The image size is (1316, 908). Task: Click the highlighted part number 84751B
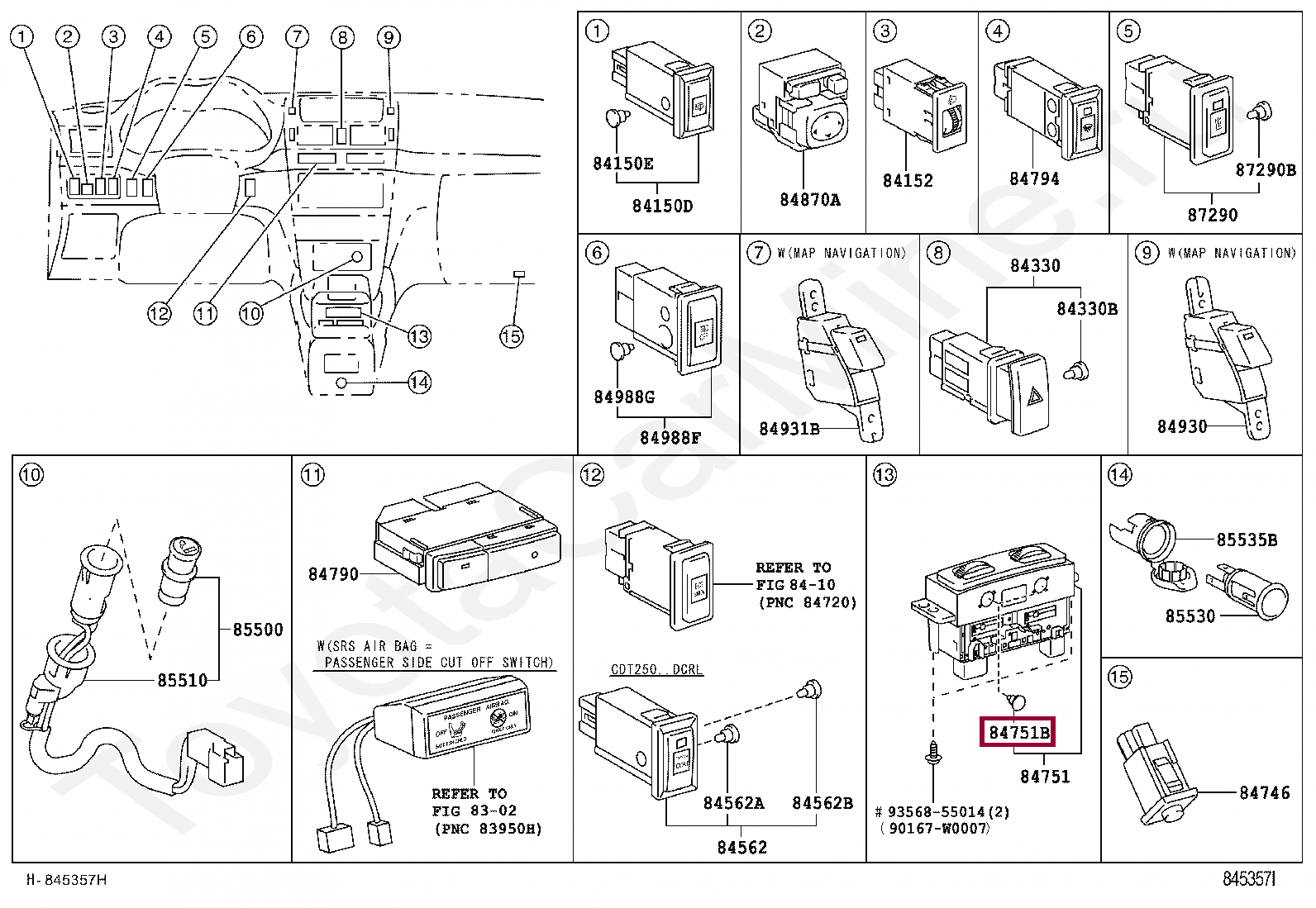pyautogui.click(x=1018, y=732)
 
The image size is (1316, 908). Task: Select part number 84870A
pyautogui.click(x=809, y=200)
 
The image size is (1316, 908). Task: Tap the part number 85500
pyautogui.click(x=257, y=630)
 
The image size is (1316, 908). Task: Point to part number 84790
pyautogui.click(x=333, y=574)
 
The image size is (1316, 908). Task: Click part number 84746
pyautogui.click(x=1264, y=793)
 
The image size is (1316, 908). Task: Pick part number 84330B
pyautogui.click(x=1087, y=309)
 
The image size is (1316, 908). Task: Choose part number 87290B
pyautogui.click(x=1265, y=170)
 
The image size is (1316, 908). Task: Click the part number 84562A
pyautogui.click(x=733, y=803)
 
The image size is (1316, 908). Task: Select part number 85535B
pyautogui.click(x=1247, y=540)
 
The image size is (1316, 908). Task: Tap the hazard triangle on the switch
pyautogui.click(x=1035, y=397)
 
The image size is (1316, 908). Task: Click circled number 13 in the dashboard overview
pyautogui.click(x=420, y=336)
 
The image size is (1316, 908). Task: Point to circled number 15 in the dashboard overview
pyautogui.click(x=511, y=336)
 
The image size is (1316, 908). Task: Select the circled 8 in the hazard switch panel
pyautogui.click(x=937, y=253)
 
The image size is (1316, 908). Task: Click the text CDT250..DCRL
pyautogui.click(x=656, y=669)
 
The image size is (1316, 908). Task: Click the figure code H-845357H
pyautogui.click(x=67, y=880)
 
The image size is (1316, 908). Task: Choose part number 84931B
pyautogui.click(x=789, y=429)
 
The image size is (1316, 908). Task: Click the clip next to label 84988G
pyautogui.click(x=619, y=352)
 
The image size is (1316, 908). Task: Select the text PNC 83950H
pyautogui.click(x=488, y=829)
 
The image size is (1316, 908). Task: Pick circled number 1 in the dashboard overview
pyautogui.click(x=22, y=36)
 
